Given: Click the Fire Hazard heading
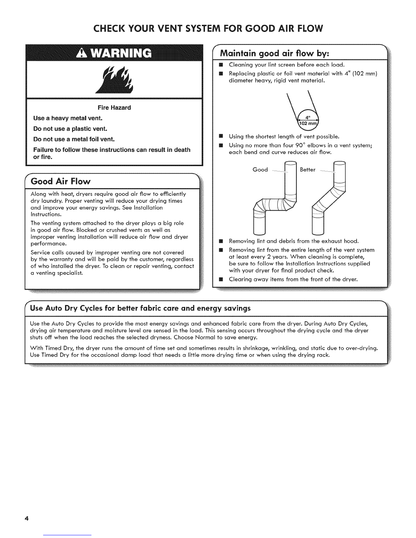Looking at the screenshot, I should [114, 108].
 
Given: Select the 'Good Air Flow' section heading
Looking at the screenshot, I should [61, 181].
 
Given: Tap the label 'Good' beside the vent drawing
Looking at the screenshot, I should [260, 169].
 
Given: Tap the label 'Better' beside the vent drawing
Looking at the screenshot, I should [308, 169].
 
